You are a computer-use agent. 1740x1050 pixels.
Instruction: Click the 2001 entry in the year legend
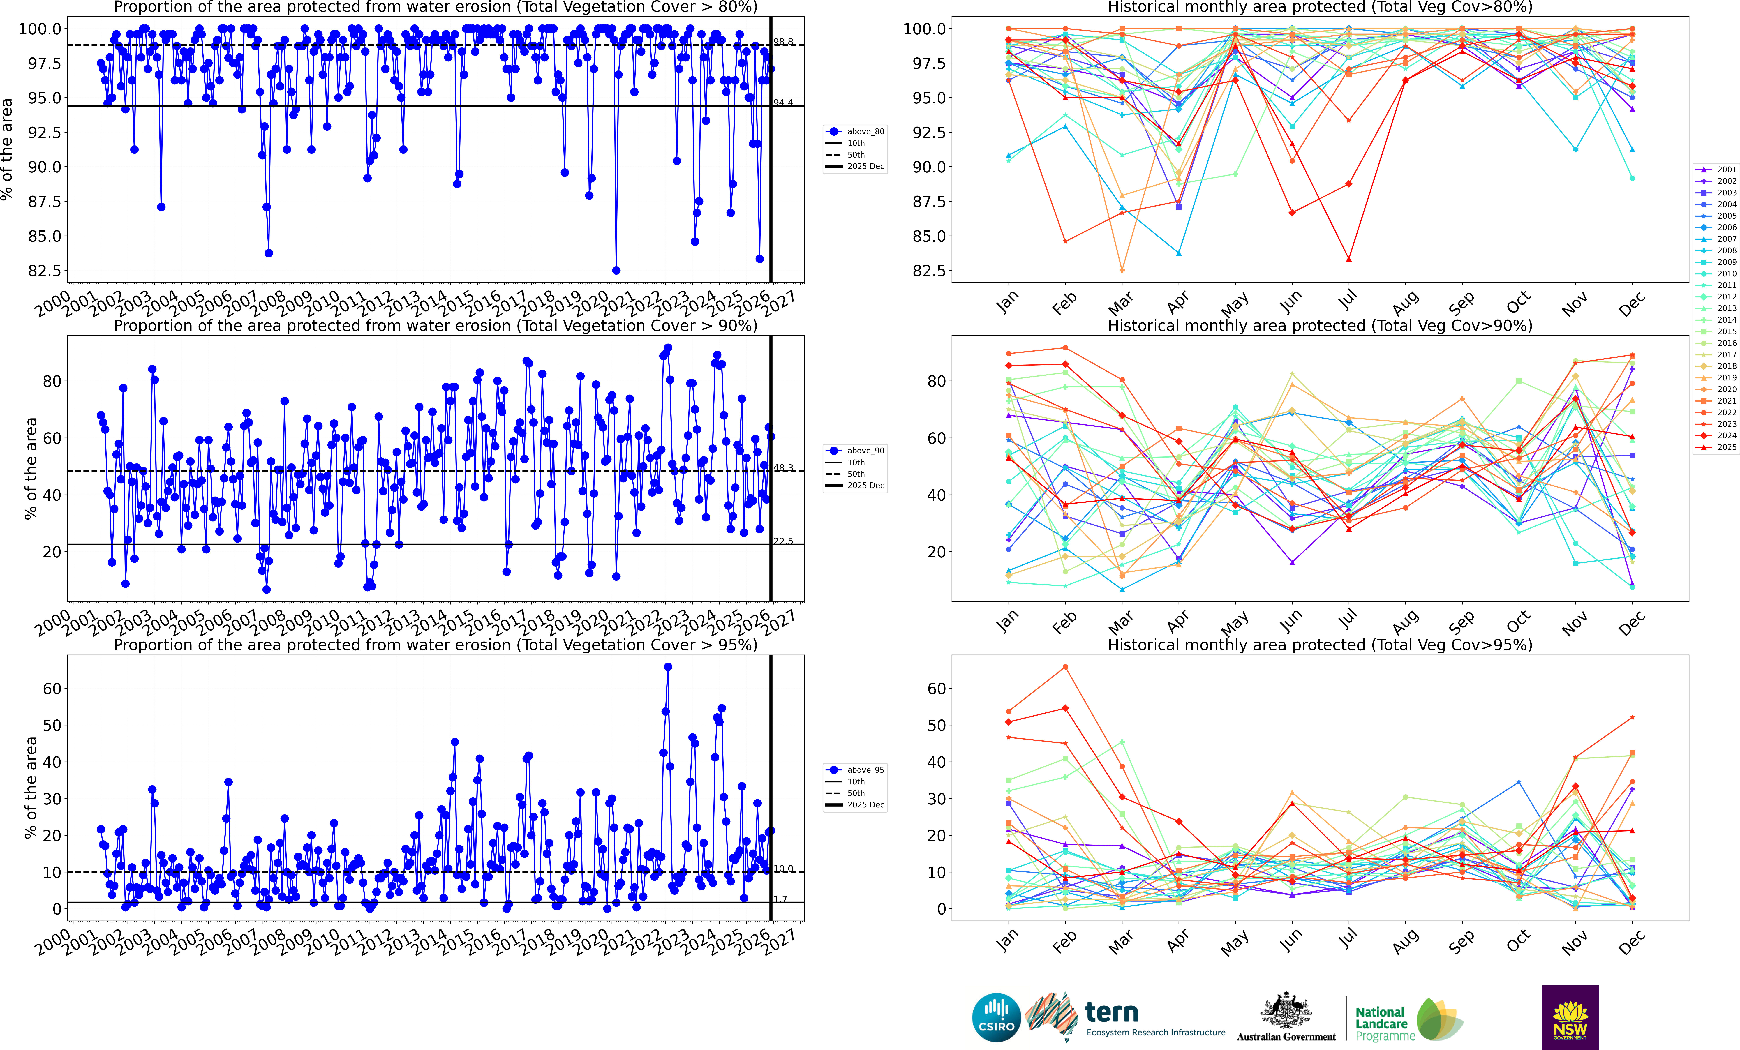point(1726,170)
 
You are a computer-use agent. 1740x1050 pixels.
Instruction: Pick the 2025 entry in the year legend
point(1726,447)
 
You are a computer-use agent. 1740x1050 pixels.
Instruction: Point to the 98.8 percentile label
point(783,42)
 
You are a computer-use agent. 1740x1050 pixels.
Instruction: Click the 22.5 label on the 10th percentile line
point(783,541)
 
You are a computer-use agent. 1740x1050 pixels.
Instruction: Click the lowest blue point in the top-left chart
point(616,270)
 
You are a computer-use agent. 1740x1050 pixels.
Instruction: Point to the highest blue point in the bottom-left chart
point(668,667)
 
